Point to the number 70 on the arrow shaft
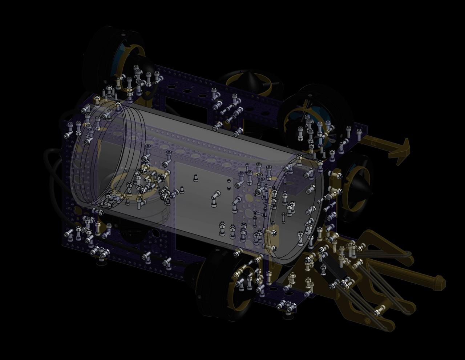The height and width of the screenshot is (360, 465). [x=373, y=143]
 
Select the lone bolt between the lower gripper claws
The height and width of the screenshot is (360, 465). [x=378, y=311]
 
